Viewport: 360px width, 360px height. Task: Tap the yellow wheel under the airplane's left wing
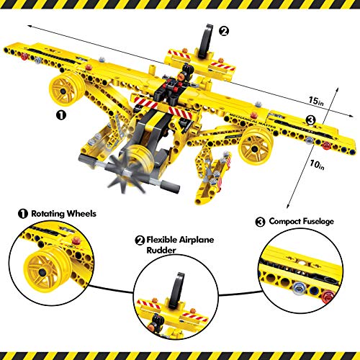point(62,91)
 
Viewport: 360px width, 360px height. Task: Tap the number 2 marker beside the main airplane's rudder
point(224,31)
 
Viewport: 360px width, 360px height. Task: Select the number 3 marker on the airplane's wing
point(290,120)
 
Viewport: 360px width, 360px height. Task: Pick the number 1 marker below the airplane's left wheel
point(62,113)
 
